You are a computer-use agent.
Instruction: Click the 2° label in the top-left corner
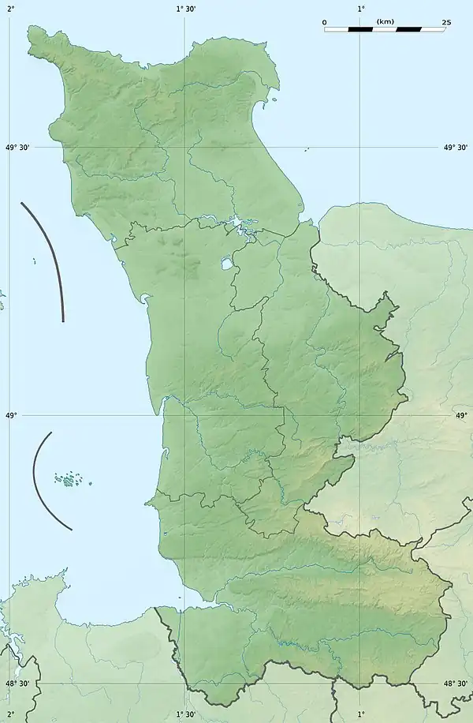pyautogui.click(x=10, y=8)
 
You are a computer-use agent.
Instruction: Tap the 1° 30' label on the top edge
pyautogui.click(x=186, y=8)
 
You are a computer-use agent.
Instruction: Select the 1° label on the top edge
pyautogui.click(x=361, y=8)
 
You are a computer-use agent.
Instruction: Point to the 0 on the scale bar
pyautogui.click(x=324, y=22)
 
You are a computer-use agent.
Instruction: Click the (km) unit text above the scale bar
pyautogui.click(x=385, y=21)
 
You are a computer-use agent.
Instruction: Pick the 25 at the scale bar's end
pyautogui.click(x=446, y=22)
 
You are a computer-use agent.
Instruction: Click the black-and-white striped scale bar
pyautogui.click(x=385, y=29)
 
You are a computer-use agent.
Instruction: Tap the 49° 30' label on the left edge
pyautogui.click(x=17, y=147)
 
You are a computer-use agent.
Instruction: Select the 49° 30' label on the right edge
pyautogui.click(x=456, y=147)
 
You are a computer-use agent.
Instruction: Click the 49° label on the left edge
pyautogui.click(x=10, y=414)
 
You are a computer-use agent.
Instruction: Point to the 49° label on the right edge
pyautogui.click(x=462, y=414)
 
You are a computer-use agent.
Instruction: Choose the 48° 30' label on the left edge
pyautogui.click(x=17, y=684)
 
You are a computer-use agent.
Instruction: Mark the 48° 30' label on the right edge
pyautogui.click(x=456, y=684)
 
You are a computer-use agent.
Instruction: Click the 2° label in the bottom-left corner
pyautogui.click(x=10, y=715)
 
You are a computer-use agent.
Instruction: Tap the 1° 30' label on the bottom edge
pyautogui.click(x=186, y=715)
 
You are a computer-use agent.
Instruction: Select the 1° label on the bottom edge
pyautogui.click(x=361, y=715)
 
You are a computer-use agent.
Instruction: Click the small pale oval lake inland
pyautogui.click(x=226, y=264)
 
